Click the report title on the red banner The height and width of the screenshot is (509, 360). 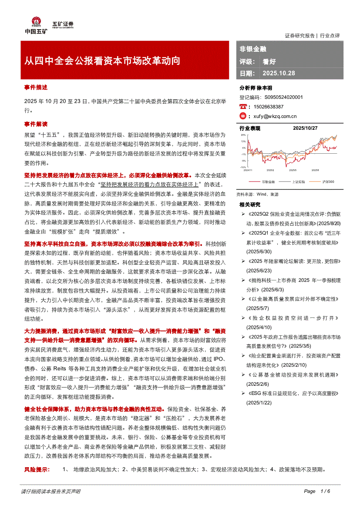coord(102,61)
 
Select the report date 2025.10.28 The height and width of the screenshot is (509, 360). coord(279,73)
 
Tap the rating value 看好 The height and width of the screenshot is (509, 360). coord(269,61)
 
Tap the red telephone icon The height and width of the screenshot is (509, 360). coord(243,107)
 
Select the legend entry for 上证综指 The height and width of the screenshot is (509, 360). coord(298,181)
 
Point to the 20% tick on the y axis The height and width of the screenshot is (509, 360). coord(243,135)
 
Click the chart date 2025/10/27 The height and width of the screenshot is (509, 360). coord(306,128)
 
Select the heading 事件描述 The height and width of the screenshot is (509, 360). coord(36,87)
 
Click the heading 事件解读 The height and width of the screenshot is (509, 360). coord(36,124)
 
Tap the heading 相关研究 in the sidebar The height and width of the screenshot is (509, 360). coord(250,204)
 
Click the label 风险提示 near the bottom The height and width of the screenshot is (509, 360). coord(37,469)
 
